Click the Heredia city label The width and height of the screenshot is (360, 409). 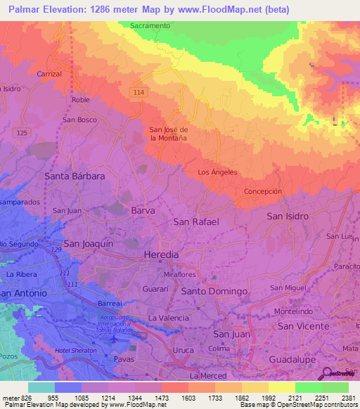pyautogui.click(x=161, y=254)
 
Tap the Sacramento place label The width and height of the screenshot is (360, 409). pyautogui.click(x=150, y=25)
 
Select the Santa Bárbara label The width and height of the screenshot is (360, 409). pyautogui.click(x=75, y=176)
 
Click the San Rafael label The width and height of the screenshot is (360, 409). pyautogui.click(x=196, y=222)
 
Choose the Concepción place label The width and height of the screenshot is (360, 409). pyautogui.click(x=262, y=191)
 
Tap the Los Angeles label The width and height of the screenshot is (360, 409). pyautogui.click(x=218, y=172)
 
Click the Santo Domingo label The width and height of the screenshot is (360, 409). pyautogui.click(x=214, y=291)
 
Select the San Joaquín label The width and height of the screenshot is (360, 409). pyautogui.click(x=89, y=243)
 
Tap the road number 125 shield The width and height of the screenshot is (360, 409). pyautogui.click(x=22, y=133)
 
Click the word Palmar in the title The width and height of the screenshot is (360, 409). pyautogui.click(x=27, y=9)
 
